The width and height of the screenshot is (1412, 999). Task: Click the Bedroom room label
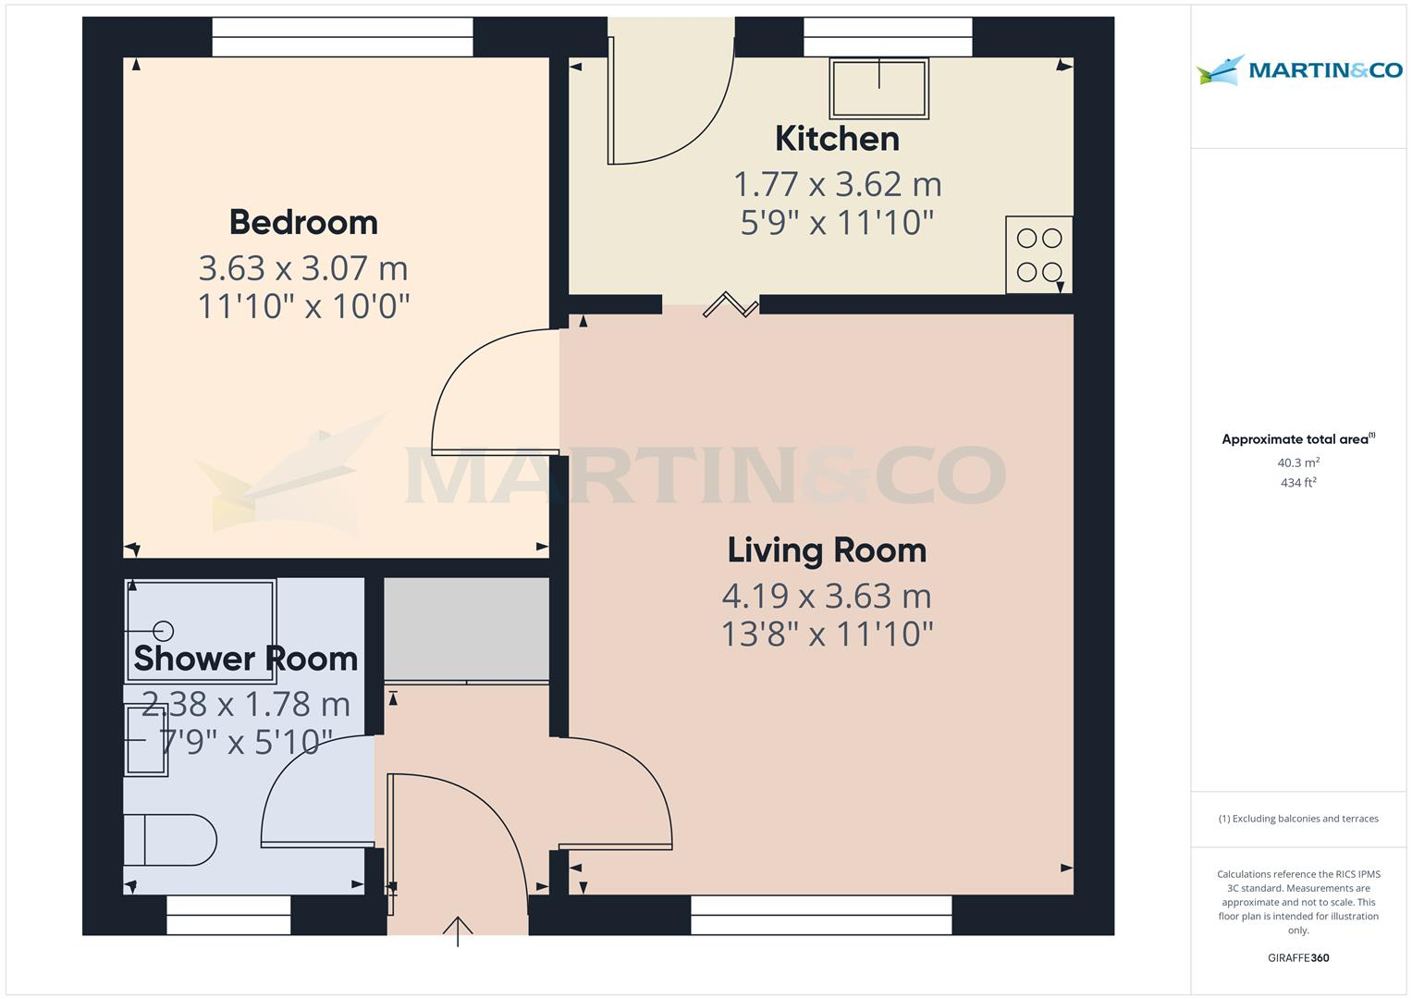pyautogui.click(x=303, y=223)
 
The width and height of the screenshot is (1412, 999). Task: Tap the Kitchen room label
pyautogui.click(x=837, y=139)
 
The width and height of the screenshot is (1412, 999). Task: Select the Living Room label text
pyautogui.click(x=827, y=550)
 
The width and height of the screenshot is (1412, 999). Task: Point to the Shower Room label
pyautogui.click(x=245, y=659)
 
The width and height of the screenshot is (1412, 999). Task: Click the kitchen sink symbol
pyautogui.click(x=878, y=88)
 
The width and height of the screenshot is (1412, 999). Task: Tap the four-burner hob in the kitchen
pyautogui.click(x=1038, y=254)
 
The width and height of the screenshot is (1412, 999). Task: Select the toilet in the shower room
pyautogui.click(x=171, y=840)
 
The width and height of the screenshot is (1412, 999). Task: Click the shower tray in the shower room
pyautogui.click(x=201, y=631)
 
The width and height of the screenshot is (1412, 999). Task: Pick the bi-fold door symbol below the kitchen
pyautogui.click(x=731, y=304)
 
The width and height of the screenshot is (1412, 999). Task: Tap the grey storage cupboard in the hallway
pyautogui.click(x=466, y=630)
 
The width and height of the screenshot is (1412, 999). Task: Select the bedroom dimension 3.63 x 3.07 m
pyautogui.click(x=303, y=268)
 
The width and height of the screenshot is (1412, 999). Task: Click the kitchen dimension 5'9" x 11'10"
pyautogui.click(x=837, y=223)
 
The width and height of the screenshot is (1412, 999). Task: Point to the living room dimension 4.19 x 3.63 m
pyautogui.click(x=827, y=596)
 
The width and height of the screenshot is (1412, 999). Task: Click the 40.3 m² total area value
pyautogui.click(x=1298, y=462)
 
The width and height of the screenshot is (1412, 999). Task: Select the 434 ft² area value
pyautogui.click(x=1298, y=483)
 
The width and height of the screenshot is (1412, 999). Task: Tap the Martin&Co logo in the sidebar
pyautogui.click(x=1298, y=70)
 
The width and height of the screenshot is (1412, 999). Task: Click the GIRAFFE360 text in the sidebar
pyautogui.click(x=1298, y=958)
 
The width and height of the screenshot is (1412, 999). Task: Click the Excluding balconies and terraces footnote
pyautogui.click(x=1298, y=819)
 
